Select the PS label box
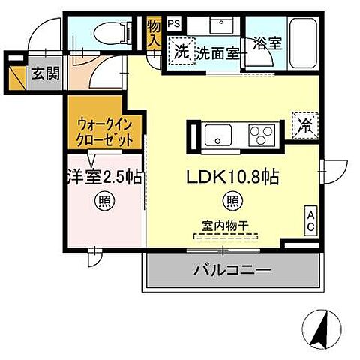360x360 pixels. coord(174,22)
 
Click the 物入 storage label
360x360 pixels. coord(154,34)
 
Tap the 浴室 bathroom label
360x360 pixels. coord(268,43)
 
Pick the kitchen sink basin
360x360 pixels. coord(218,137)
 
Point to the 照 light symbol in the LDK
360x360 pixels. coord(232,201)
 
